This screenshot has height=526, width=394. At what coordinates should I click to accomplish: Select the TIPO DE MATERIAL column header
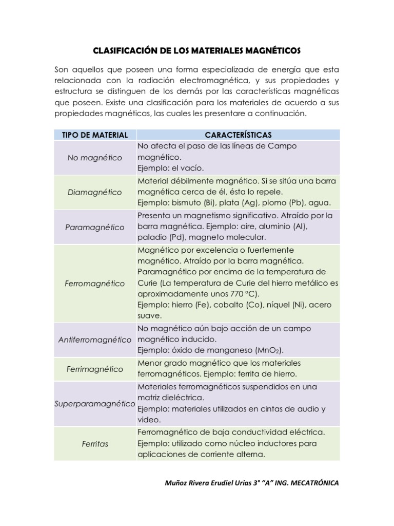[x=95, y=135]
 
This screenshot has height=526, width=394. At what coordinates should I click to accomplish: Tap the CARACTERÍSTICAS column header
[x=238, y=135]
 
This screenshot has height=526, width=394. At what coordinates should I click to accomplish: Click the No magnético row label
[x=95, y=158]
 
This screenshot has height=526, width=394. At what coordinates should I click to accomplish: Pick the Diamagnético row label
[x=95, y=192]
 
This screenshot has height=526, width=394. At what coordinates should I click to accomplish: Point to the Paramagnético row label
[x=95, y=227]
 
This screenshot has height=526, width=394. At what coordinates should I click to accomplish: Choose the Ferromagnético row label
[x=95, y=284]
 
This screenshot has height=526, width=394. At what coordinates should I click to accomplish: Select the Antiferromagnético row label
[x=95, y=340]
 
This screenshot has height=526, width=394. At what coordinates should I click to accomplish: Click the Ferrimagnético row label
[x=95, y=369]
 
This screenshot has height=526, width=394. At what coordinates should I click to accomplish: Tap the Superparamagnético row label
[x=95, y=404]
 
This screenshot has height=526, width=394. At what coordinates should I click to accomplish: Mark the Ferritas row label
[x=95, y=444]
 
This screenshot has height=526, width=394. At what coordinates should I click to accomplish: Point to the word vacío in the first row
[x=192, y=168]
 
